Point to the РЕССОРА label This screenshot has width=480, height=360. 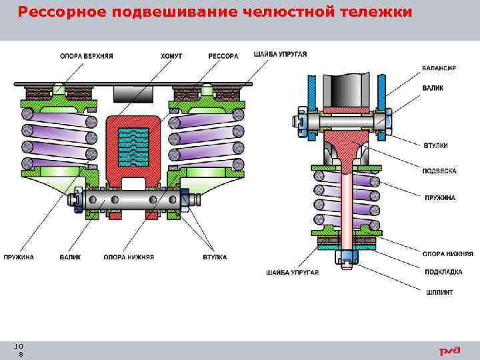click(223, 56)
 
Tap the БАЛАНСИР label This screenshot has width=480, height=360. click(439, 68)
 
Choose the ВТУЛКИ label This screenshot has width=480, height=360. click(435, 145)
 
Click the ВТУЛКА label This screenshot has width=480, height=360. click(215, 257)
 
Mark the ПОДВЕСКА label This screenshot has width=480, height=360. click(439, 171)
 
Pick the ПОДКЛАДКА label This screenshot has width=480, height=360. click(441, 272)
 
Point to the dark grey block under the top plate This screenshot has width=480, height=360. click(131, 94)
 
